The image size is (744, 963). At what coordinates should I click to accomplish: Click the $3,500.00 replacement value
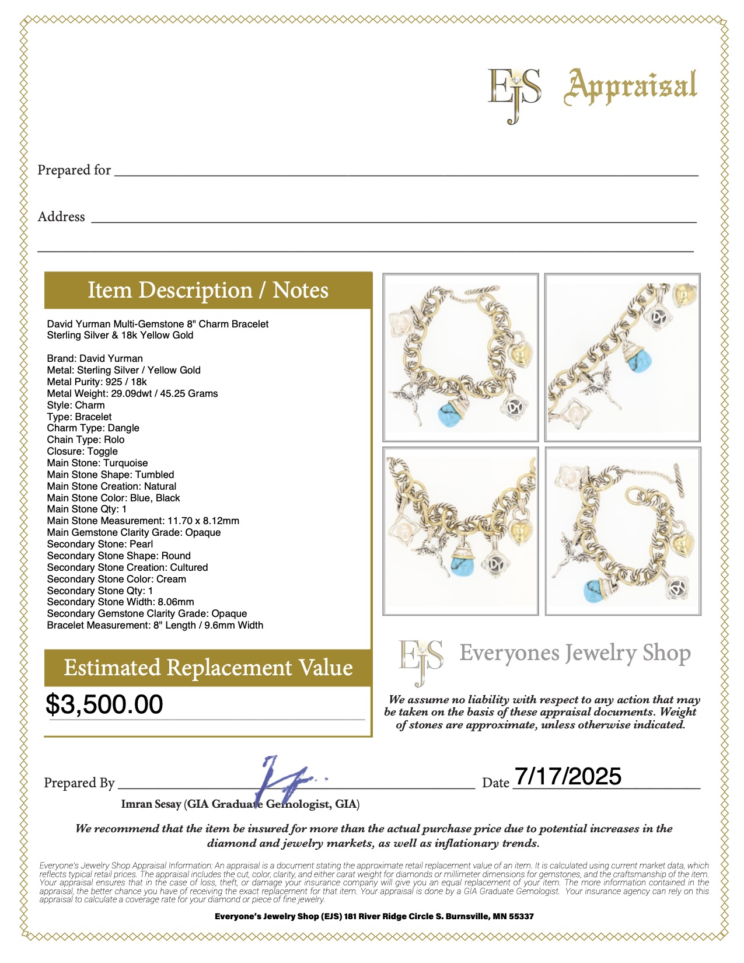tap(104, 704)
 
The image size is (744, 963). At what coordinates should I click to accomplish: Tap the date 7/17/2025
tap(568, 776)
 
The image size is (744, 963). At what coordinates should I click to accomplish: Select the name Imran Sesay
tap(151, 804)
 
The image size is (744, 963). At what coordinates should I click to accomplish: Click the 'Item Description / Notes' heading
tap(208, 290)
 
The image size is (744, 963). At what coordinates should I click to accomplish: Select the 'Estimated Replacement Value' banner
tap(208, 668)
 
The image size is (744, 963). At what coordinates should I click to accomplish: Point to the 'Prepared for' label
tap(74, 170)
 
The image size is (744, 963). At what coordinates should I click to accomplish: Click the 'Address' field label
tap(61, 217)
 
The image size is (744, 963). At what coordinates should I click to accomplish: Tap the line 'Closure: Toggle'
tap(82, 451)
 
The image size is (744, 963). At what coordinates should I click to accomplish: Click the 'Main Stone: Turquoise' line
tap(97, 463)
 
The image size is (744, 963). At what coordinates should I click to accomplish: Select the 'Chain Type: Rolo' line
tap(86, 439)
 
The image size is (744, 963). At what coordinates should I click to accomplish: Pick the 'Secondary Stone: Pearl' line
tap(100, 544)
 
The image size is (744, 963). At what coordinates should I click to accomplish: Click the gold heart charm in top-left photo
tap(521, 354)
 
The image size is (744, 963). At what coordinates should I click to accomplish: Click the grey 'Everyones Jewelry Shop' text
tap(575, 653)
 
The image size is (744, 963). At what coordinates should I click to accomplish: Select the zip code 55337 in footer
tap(521, 916)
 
